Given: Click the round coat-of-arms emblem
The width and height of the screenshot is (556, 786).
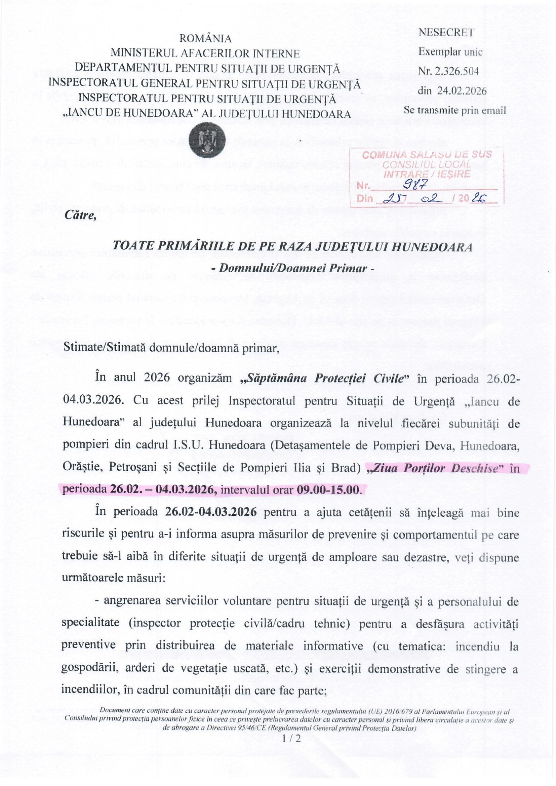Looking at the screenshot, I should tap(206, 140).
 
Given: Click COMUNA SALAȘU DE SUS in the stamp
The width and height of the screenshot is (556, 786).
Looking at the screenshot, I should tap(427, 154).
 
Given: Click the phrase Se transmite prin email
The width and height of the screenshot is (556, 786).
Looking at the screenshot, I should tap(455, 110).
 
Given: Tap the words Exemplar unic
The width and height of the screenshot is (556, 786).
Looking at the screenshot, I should tap(450, 52).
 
